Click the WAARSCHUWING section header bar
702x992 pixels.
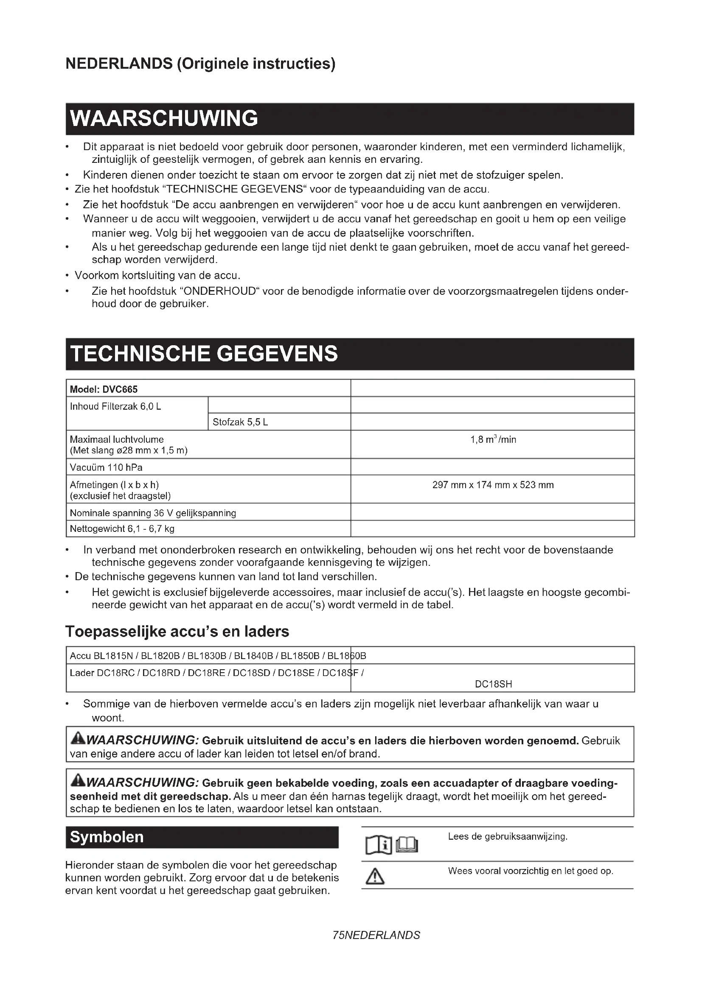pyautogui.click(x=349, y=119)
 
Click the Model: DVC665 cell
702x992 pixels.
pyautogui.click(x=104, y=389)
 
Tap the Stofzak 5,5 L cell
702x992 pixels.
pyautogui.click(x=240, y=422)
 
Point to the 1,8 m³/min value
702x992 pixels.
pyautogui.click(x=493, y=440)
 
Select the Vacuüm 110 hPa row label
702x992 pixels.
pyautogui.click(x=107, y=467)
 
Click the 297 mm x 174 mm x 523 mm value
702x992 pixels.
pyautogui.click(x=493, y=485)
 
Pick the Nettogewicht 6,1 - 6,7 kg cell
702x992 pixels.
pyautogui.click(x=122, y=529)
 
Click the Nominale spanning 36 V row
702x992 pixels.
pyautogui.click(x=153, y=513)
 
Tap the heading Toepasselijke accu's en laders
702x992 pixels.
pyautogui.click(x=177, y=632)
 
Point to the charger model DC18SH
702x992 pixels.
pyautogui.click(x=493, y=684)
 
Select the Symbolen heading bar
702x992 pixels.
pyautogui.click(x=202, y=837)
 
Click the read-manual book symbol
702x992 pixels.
pyautogui.click(x=392, y=845)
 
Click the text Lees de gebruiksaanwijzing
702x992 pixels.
pyautogui.click(x=508, y=837)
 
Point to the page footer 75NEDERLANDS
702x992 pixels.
pyautogui.click(x=376, y=936)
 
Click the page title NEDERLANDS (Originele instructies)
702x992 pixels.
pyautogui.click(x=200, y=64)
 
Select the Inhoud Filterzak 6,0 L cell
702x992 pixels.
pyautogui.click(x=115, y=407)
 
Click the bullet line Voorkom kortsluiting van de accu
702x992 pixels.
pyautogui.click(x=157, y=275)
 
